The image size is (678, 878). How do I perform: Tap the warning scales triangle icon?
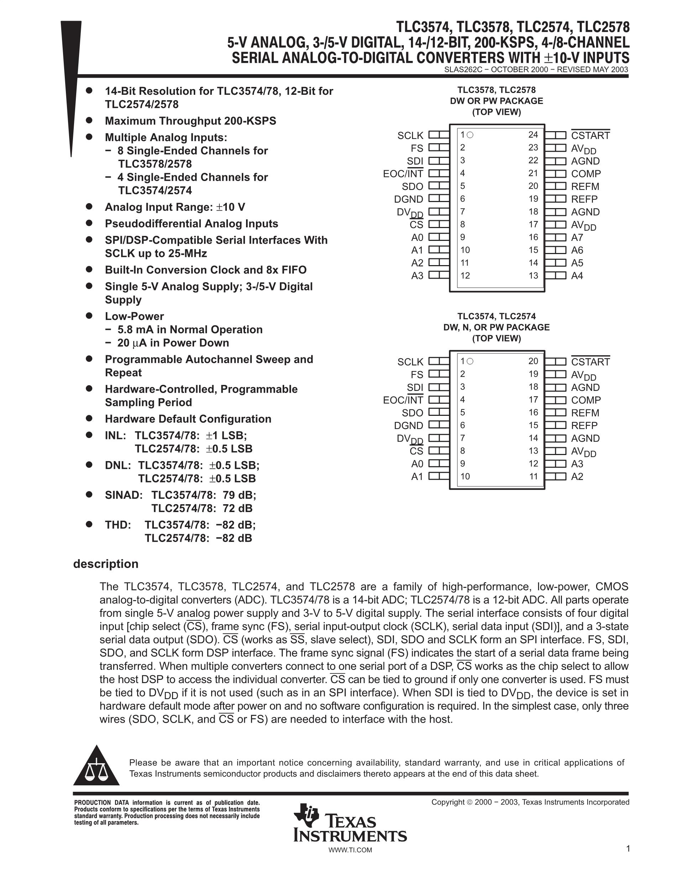96,766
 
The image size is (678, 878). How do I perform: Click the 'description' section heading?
106,564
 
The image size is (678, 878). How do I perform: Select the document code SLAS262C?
461,69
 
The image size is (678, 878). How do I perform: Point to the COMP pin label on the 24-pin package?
586,174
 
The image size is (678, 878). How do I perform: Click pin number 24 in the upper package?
533,135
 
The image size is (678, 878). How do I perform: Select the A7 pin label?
577,237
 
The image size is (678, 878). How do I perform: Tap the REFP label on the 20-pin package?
584,425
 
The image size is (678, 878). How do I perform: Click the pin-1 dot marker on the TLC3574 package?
470,361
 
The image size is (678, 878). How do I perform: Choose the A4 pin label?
577,276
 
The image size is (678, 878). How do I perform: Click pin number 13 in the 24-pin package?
533,275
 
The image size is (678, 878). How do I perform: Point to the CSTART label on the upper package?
590,135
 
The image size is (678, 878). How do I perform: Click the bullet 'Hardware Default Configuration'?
188,419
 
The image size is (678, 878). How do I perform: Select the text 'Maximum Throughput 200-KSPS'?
191,121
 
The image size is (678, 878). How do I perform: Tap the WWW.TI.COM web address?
350,850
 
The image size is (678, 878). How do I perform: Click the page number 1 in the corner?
628,849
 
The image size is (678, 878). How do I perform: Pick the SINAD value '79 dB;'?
239,495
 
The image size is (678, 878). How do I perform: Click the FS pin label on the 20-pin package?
417,375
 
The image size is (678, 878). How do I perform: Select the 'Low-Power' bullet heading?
134,316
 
